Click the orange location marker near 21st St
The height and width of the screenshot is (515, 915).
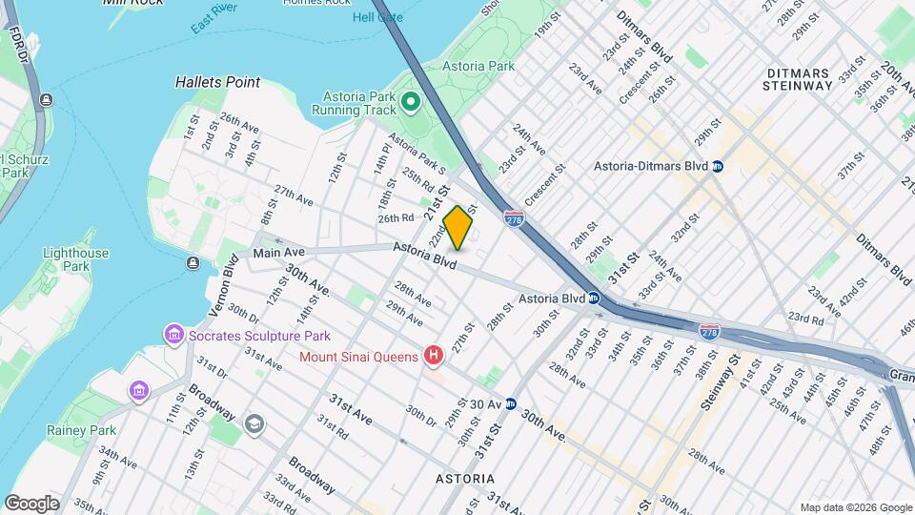click(457, 228)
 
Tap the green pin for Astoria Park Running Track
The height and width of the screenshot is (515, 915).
click(411, 101)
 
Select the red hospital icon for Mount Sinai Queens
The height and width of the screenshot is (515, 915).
click(434, 357)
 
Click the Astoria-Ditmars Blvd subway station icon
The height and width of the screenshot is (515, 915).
click(718, 166)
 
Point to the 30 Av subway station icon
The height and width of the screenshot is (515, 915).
click(511, 403)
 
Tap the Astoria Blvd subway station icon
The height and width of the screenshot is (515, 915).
click(593, 299)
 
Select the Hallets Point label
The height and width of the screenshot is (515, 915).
click(217, 83)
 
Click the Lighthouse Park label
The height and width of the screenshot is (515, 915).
click(76, 260)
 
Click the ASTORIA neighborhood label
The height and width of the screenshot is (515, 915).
click(464, 478)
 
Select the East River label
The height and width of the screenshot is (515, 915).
click(213, 21)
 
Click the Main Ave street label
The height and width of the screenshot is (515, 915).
click(278, 253)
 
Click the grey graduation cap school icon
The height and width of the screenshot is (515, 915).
click(254, 423)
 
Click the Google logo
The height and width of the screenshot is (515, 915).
click(32, 503)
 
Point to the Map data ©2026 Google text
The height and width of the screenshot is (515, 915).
click(855, 507)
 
